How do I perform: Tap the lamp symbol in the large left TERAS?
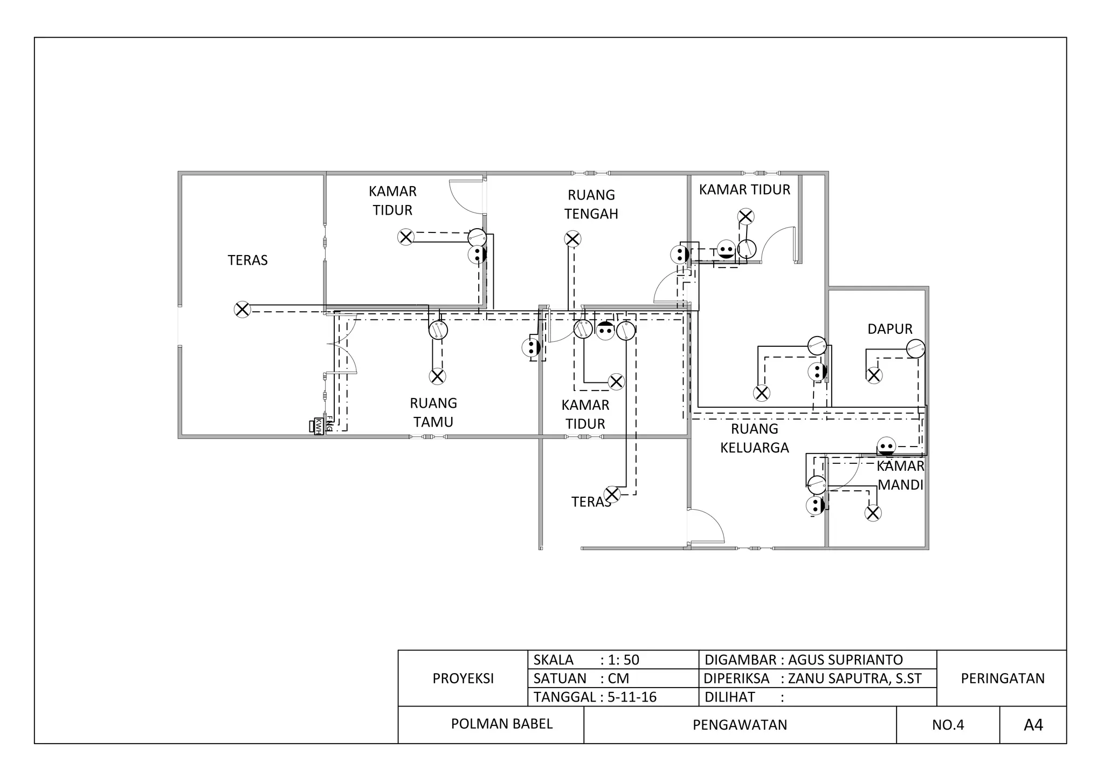click(x=243, y=310)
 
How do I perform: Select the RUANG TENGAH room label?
click(x=591, y=204)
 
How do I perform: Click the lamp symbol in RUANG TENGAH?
click(x=572, y=239)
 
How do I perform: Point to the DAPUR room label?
click(x=890, y=329)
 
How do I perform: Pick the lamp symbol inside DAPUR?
click(x=874, y=375)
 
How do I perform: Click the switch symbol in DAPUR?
click(x=916, y=348)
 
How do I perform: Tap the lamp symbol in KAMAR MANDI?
click(x=873, y=513)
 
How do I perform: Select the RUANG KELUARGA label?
click(x=755, y=438)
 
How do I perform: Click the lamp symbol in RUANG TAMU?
click(x=437, y=376)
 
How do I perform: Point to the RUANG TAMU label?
click(x=433, y=413)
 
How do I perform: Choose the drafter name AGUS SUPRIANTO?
click(x=845, y=660)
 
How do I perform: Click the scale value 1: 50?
click(x=624, y=660)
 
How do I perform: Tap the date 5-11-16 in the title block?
click(x=632, y=697)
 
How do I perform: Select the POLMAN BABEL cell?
click(x=502, y=724)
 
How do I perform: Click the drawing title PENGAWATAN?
click(x=740, y=725)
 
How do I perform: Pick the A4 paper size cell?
click(x=1033, y=725)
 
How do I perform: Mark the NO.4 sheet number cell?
click(x=948, y=725)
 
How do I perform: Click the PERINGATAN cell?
click(x=1003, y=678)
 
